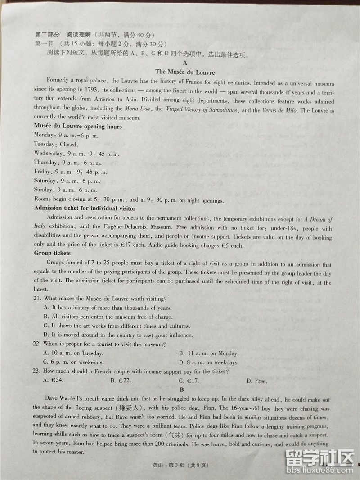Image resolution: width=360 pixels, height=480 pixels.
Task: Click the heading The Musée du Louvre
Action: (184, 72)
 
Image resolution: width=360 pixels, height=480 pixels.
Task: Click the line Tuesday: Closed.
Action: (56, 145)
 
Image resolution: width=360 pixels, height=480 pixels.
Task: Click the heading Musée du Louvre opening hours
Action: (78, 127)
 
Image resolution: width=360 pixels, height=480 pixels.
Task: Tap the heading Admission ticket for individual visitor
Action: (85, 208)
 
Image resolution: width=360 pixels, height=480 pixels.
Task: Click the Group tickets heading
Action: (52, 254)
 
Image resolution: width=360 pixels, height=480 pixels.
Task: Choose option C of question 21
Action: (117, 326)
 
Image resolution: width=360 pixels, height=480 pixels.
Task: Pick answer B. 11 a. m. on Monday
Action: (208, 353)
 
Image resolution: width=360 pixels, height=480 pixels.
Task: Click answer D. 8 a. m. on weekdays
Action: (208, 362)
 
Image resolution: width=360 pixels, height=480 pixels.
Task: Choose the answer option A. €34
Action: (53, 380)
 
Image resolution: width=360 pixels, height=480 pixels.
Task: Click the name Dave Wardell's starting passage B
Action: (64, 398)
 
